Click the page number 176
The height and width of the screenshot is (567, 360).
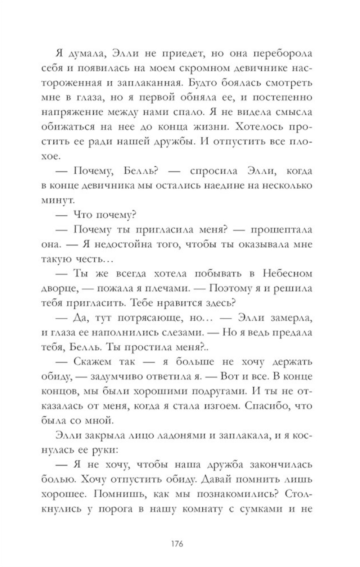(x=177, y=543)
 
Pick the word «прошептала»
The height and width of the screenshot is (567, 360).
(x=281, y=230)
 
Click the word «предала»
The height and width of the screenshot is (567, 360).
(x=292, y=333)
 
